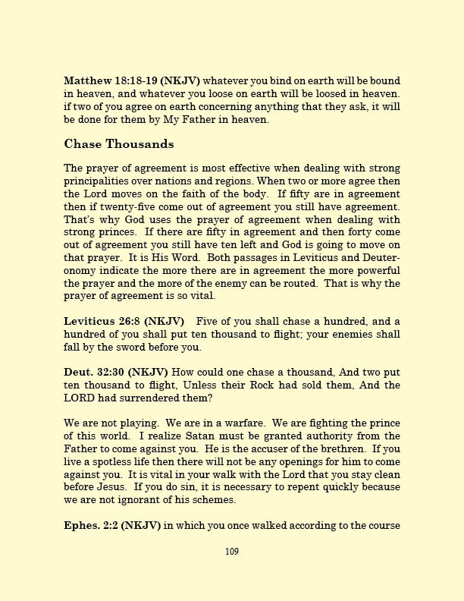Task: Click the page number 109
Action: [232, 552]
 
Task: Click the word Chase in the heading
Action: [84, 143]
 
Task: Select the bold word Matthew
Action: [87, 80]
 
